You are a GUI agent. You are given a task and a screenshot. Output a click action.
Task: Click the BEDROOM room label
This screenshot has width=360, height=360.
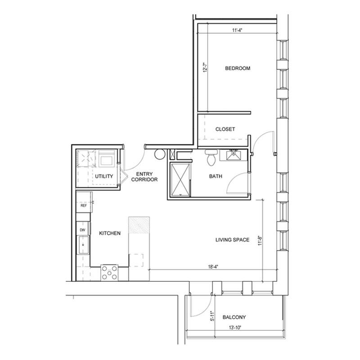click(238, 68)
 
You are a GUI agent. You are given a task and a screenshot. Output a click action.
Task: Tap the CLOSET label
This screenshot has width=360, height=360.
click(225, 129)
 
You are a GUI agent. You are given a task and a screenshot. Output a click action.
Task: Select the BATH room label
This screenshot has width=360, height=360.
click(216, 176)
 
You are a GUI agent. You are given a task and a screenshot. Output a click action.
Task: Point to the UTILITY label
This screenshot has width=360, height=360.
click(104, 176)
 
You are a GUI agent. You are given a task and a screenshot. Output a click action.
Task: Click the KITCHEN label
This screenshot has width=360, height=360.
click(110, 233)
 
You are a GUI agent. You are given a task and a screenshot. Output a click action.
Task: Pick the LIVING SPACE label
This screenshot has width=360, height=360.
click(232, 240)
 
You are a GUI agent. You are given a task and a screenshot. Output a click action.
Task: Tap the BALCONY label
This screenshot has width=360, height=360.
click(234, 317)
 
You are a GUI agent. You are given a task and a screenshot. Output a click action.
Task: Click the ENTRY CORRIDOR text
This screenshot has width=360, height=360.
click(144, 176)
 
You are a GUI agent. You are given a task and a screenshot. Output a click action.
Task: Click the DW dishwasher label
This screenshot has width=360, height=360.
click(83, 230)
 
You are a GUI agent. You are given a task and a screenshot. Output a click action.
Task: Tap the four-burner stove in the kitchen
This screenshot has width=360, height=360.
click(109, 273)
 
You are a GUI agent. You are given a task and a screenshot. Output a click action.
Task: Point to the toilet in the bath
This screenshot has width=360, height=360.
click(211, 157)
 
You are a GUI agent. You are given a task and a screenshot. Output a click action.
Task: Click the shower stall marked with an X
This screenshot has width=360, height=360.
click(180, 180)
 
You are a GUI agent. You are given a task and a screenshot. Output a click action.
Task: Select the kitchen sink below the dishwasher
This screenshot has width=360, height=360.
click(83, 245)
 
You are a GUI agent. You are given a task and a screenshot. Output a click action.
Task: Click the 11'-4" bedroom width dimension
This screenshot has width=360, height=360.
click(237, 30)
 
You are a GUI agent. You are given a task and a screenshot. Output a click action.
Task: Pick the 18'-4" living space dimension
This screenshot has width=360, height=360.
click(213, 267)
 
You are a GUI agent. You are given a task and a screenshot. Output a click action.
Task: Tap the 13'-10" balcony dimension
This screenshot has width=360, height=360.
click(235, 328)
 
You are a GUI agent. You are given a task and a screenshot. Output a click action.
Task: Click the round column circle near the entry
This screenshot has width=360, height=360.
click(160, 154)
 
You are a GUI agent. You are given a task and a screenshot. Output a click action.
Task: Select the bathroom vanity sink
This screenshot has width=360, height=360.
click(234, 155)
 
